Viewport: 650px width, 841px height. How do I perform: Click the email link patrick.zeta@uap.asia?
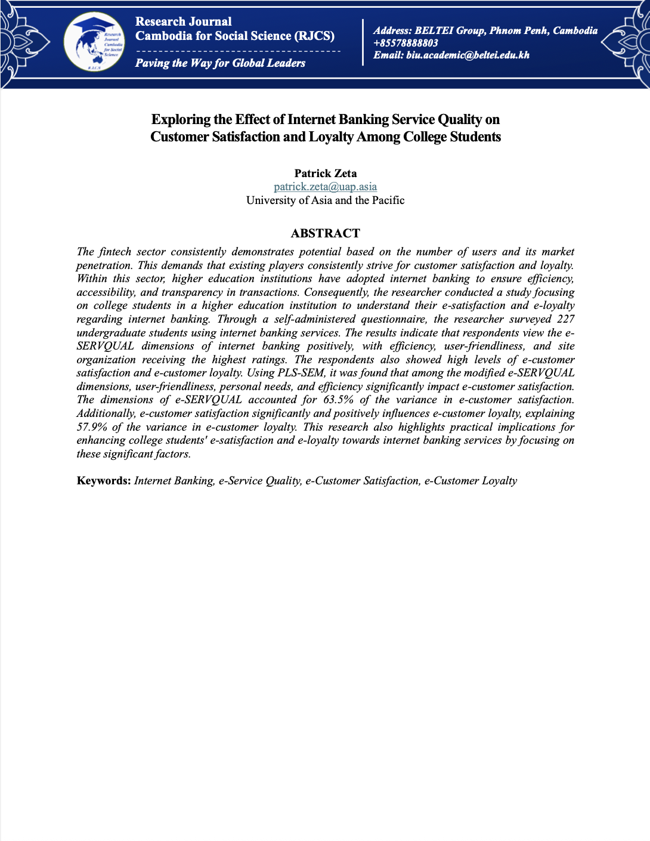(325, 187)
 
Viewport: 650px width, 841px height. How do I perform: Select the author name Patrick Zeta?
(325, 174)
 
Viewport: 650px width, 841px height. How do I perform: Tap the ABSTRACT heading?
(325, 233)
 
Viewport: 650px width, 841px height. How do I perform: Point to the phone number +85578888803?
(406, 43)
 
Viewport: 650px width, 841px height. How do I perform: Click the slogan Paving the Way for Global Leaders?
(220, 63)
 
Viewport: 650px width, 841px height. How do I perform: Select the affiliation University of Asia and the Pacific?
(325, 200)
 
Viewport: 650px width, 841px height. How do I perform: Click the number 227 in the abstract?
(565, 319)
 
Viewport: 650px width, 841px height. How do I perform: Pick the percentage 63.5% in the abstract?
(338, 400)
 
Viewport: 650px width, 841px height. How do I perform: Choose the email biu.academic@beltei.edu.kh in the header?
(467, 55)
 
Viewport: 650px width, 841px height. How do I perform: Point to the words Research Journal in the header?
(183, 21)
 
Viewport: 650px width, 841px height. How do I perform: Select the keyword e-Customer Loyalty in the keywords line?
(471, 481)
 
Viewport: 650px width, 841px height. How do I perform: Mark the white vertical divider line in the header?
(363, 42)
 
